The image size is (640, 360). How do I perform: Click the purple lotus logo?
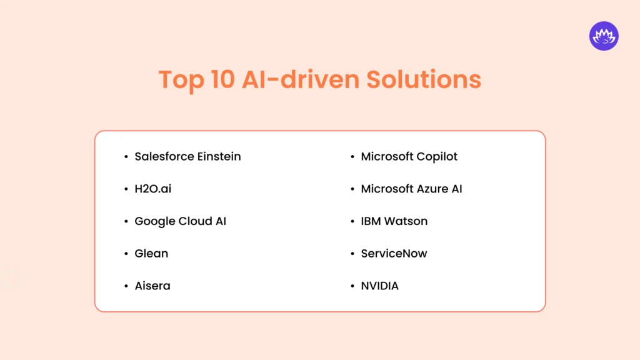click(x=603, y=36)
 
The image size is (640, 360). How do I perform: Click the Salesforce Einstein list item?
click(x=187, y=156)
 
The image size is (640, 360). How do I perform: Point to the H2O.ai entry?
click(x=152, y=189)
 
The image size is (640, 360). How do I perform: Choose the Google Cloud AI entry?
click(x=180, y=221)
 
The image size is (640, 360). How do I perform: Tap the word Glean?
click(x=151, y=254)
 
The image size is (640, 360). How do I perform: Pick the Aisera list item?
click(x=152, y=286)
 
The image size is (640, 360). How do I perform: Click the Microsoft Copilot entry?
click(x=409, y=156)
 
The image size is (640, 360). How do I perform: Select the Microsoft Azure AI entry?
click(x=411, y=189)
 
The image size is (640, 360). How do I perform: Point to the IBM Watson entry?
click(x=394, y=221)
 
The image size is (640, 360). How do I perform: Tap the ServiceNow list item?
click(x=394, y=254)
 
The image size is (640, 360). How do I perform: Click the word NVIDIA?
click(x=379, y=286)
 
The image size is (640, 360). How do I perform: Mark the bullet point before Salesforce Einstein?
click(x=127, y=157)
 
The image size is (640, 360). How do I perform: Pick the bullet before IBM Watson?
click(x=353, y=222)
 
